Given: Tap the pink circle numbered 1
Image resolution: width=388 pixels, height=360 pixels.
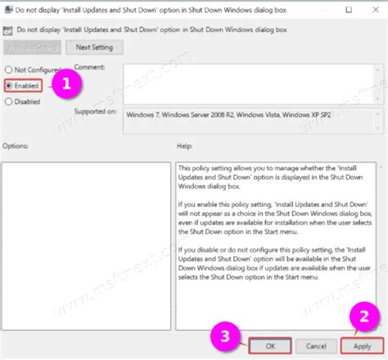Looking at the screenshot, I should coord(70,83).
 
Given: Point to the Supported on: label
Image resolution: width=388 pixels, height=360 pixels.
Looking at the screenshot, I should coord(97,110).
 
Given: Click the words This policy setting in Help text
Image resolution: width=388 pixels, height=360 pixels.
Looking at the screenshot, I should coord(203,166).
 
